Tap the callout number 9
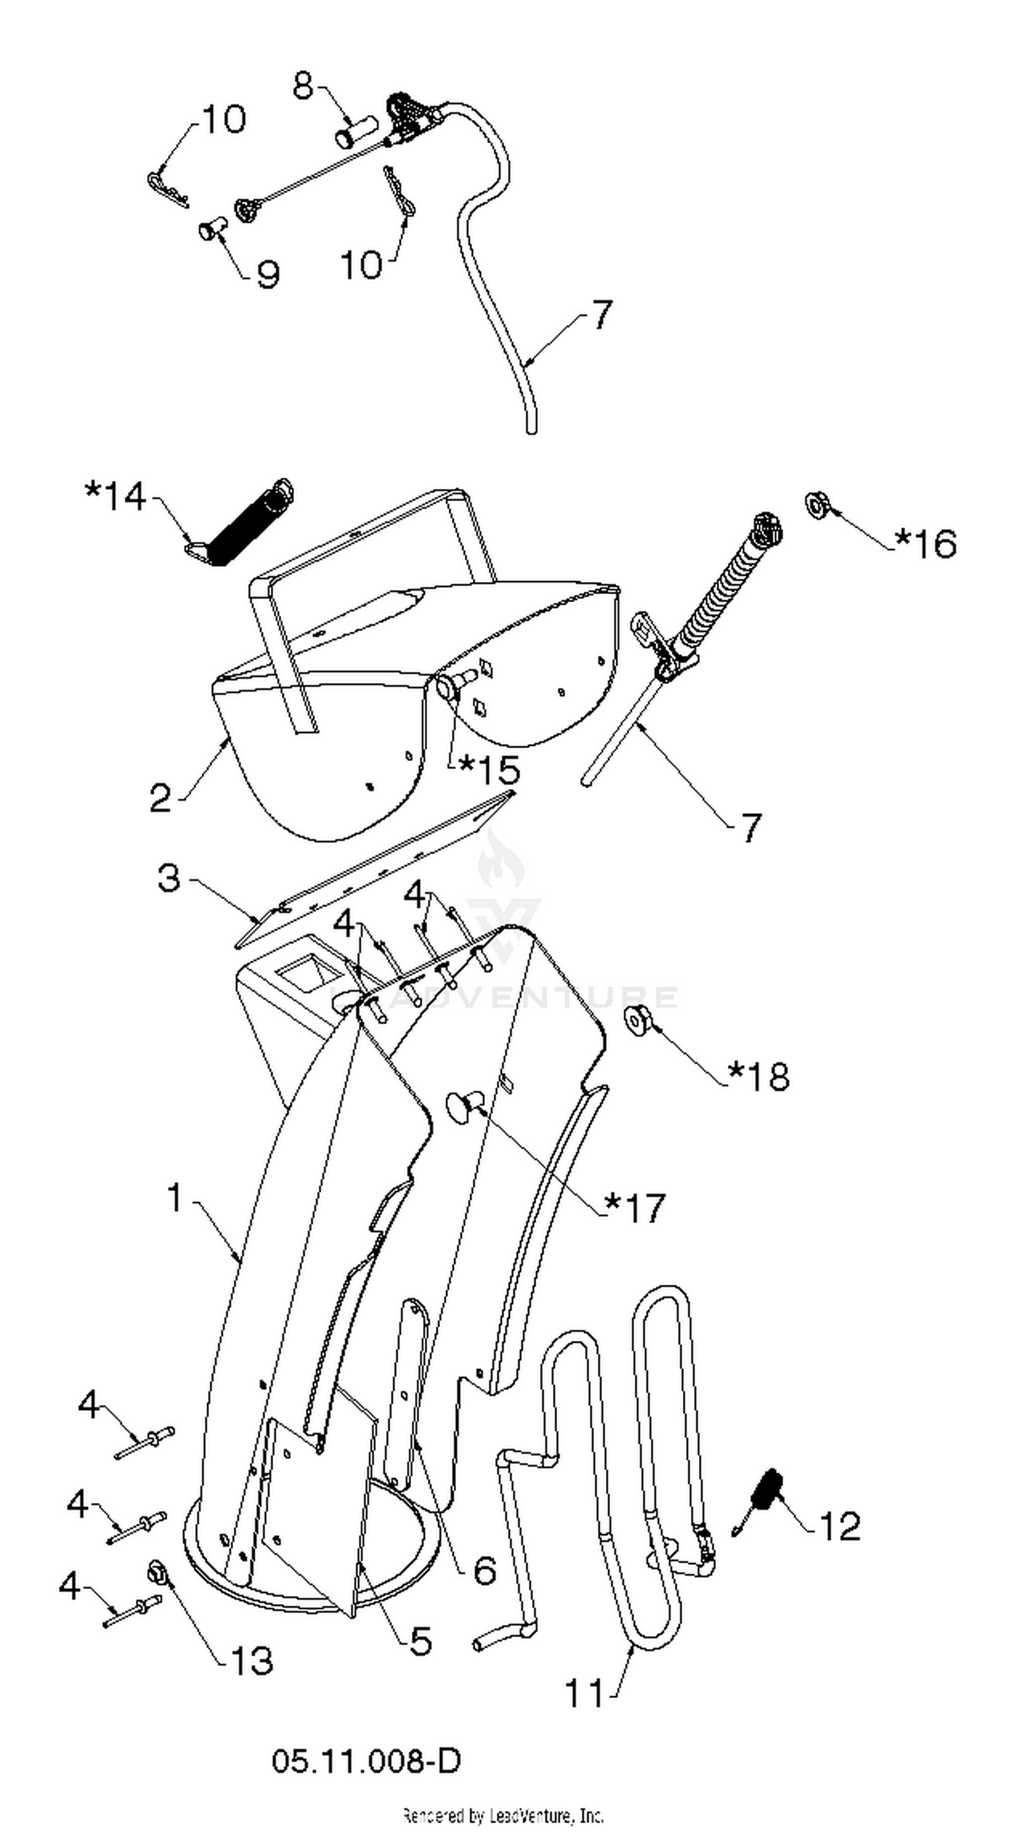268,274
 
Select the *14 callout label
116,497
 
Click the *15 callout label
489,770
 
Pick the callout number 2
161,798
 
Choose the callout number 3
169,878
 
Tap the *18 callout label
759,1076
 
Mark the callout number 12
840,1526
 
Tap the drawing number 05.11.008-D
366,1761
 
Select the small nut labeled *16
816,505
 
